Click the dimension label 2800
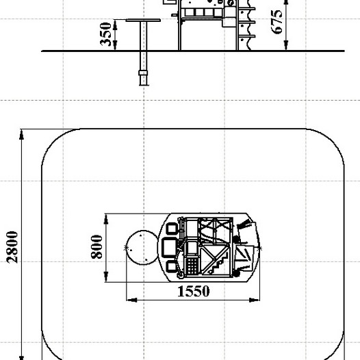click(x=12, y=247)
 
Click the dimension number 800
click(x=97, y=247)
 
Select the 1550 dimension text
click(x=194, y=291)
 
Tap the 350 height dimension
click(x=105, y=34)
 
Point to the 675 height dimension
click(x=277, y=22)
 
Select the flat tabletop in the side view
click(x=143, y=21)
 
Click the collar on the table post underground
click(x=143, y=73)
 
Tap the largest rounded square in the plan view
click(x=169, y=248)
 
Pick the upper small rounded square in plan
click(x=172, y=228)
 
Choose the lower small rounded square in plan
click(x=171, y=266)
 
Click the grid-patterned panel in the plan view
click(x=192, y=266)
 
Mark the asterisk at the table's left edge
click(x=126, y=248)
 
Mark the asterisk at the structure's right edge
click(x=259, y=248)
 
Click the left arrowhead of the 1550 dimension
click(x=132, y=300)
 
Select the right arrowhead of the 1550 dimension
click(x=255, y=300)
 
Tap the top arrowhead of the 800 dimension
click(x=106, y=219)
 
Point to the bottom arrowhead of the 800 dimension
click(x=106, y=277)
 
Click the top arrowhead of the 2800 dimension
click(x=21, y=135)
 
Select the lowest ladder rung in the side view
click(x=247, y=36)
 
